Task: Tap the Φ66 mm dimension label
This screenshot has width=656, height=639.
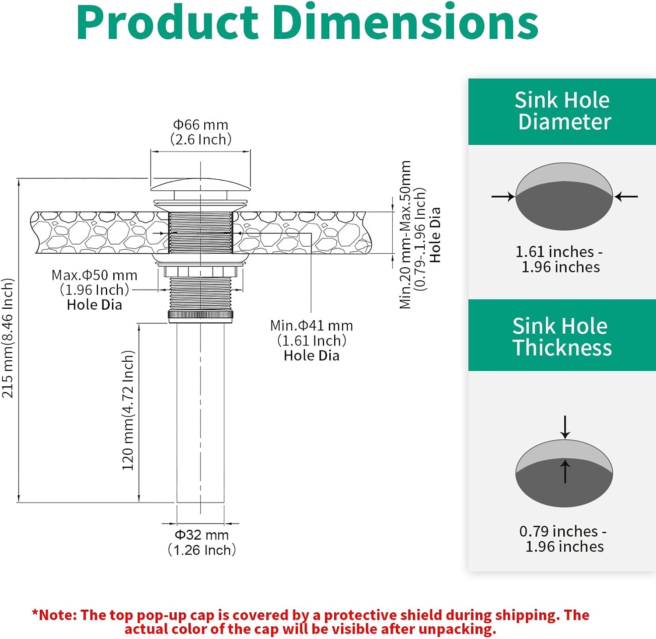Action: point(201,125)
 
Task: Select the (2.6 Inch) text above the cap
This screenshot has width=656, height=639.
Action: point(201,140)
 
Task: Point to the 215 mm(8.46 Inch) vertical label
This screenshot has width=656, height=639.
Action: point(8,338)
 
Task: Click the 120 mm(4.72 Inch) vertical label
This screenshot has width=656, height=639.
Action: point(128,410)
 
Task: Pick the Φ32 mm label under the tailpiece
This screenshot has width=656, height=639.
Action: point(202,535)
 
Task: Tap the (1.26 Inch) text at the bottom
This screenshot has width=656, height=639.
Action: point(202,550)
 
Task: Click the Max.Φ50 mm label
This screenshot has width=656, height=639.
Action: point(94,275)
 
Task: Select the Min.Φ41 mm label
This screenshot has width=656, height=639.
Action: point(311,326)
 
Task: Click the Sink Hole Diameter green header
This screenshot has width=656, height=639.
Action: point(562,111)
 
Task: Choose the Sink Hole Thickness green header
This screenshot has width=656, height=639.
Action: point(562,336)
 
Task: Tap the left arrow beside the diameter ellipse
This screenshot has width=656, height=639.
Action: point(503,197)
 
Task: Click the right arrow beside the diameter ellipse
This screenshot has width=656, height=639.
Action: point(626,197)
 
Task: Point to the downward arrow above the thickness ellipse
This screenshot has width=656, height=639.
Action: point(565,427)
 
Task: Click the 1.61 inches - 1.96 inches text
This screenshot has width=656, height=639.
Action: point(560,259)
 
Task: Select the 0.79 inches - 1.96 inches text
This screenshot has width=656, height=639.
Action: point(563,539)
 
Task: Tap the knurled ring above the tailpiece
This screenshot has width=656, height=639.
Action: point(200,314)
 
